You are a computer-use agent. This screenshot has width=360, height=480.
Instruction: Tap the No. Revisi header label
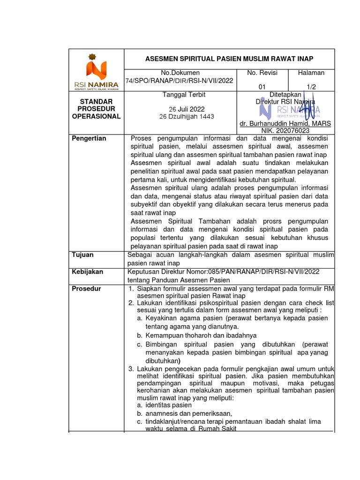coord(262,73)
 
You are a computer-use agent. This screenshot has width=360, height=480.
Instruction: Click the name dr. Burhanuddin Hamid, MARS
coord(285,123)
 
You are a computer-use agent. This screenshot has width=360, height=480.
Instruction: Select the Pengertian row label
coord(89,138)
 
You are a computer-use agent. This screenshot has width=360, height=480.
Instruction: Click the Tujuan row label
coord(82,255)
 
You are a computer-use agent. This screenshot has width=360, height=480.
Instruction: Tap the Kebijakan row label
coord(87,272)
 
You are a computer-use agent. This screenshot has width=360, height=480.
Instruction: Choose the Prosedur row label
coord(86,289)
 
